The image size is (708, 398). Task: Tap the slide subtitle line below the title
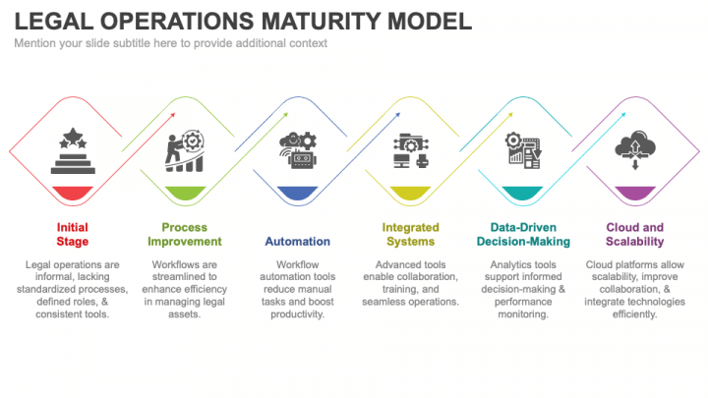(170, 43)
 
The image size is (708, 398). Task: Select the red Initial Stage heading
(73, 234)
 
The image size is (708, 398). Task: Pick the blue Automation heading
(297, 241)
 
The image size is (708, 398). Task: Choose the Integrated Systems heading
(410, 234)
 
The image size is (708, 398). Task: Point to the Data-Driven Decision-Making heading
(522, 234)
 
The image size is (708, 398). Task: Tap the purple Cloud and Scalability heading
(634, 234)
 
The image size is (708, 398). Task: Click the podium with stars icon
(73, 150)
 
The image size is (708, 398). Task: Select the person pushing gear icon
(185, 151)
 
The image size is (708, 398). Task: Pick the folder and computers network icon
(410, 151)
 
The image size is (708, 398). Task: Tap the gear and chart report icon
(522, 151)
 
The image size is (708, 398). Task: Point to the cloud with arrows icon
(634, 151)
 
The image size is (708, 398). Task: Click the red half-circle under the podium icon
(73, 193)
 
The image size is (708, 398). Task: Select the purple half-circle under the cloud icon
(634, 193)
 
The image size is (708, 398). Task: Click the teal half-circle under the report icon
(522, 193)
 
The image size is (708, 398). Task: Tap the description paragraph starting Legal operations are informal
(73, 289)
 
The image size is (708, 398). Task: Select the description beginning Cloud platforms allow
(634, 289)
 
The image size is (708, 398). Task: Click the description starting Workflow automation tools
(297, 289)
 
